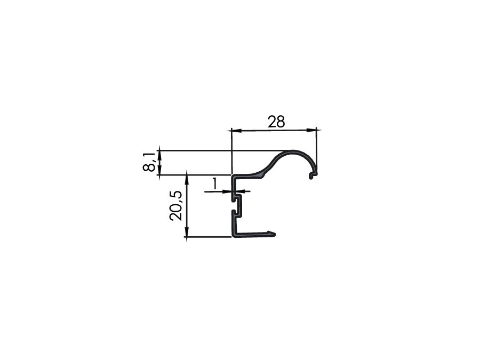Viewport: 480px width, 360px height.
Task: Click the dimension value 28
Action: point(276,122)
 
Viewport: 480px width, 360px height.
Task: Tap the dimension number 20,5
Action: point(175,206)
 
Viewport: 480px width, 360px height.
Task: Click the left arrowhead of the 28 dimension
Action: point(237,131)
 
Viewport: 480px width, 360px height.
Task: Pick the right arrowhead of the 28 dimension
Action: point(311,130)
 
